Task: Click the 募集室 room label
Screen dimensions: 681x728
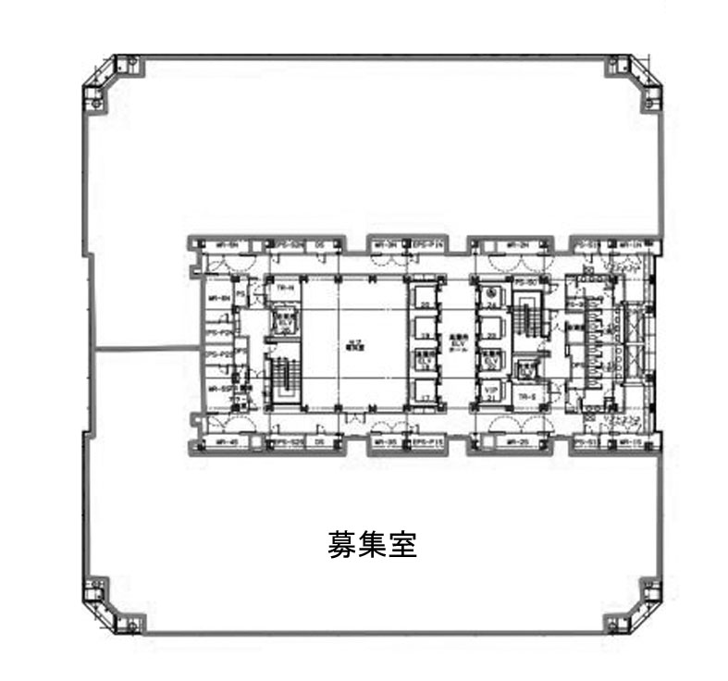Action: click(372, 543)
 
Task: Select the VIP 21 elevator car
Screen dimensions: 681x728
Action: click(491, 390)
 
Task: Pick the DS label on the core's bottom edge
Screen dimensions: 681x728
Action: click(319, 443)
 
